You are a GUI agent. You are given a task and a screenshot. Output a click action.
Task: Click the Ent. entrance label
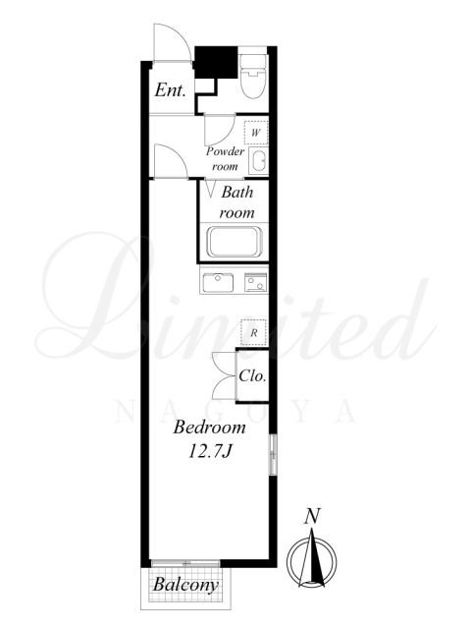click(170, 90)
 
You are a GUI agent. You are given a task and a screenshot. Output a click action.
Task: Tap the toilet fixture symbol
click(253, 77)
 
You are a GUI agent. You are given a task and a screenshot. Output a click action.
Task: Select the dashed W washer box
click(256, 133)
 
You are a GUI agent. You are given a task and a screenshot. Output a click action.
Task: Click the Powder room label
click(225, 159)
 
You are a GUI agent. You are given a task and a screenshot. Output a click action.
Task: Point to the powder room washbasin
click(258, 161)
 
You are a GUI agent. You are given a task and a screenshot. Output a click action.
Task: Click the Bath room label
click(236, 202)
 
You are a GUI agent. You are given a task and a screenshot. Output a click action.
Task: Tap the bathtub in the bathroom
click(235, 242)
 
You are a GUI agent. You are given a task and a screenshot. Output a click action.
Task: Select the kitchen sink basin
click(219, 282)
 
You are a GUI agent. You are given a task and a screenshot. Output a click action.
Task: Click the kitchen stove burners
click(256, 282)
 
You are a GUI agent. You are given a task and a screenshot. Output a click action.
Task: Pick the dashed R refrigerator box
click(253, 332)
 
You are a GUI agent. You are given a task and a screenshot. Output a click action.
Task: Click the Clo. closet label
click(252, 376)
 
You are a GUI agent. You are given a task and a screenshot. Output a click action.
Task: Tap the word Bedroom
click(210, 428)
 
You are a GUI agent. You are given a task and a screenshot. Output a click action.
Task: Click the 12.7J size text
click(210, 452)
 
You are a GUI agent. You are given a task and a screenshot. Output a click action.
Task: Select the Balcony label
click(185, 585)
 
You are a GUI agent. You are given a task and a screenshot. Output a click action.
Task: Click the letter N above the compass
click(312, 516)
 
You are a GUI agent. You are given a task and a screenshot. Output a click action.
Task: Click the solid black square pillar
click(216, 63)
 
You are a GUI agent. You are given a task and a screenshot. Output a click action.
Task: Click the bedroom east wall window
click(273, 454)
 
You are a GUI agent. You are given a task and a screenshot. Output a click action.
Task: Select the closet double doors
click(225, 375)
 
